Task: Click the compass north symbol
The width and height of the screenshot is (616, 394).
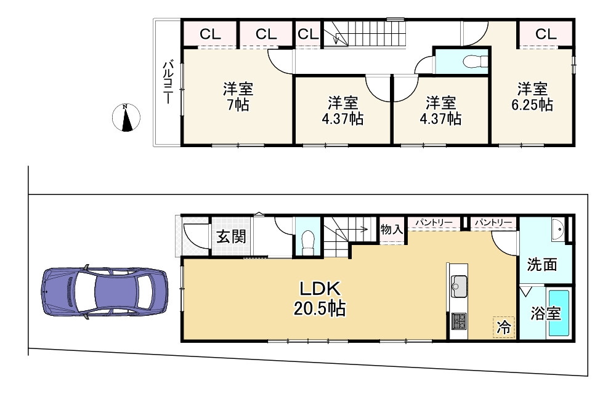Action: point(126,118)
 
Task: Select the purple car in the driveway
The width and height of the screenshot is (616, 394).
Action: point(103,292)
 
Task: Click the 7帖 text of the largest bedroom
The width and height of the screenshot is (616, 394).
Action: point(237,105)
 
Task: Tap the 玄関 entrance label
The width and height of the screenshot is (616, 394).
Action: point(231,236)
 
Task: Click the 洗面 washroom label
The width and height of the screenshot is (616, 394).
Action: point(542,265)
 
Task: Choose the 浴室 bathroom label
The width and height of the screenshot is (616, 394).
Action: point(546,313)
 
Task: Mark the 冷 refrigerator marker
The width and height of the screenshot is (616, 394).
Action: point(503,327)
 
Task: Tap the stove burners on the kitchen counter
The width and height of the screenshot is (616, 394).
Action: point(459,320)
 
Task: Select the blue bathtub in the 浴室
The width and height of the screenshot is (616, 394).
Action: point(559,313)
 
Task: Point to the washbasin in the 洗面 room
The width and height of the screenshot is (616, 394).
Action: point(559,230)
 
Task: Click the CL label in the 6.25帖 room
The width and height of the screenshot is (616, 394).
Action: point(545,34)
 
